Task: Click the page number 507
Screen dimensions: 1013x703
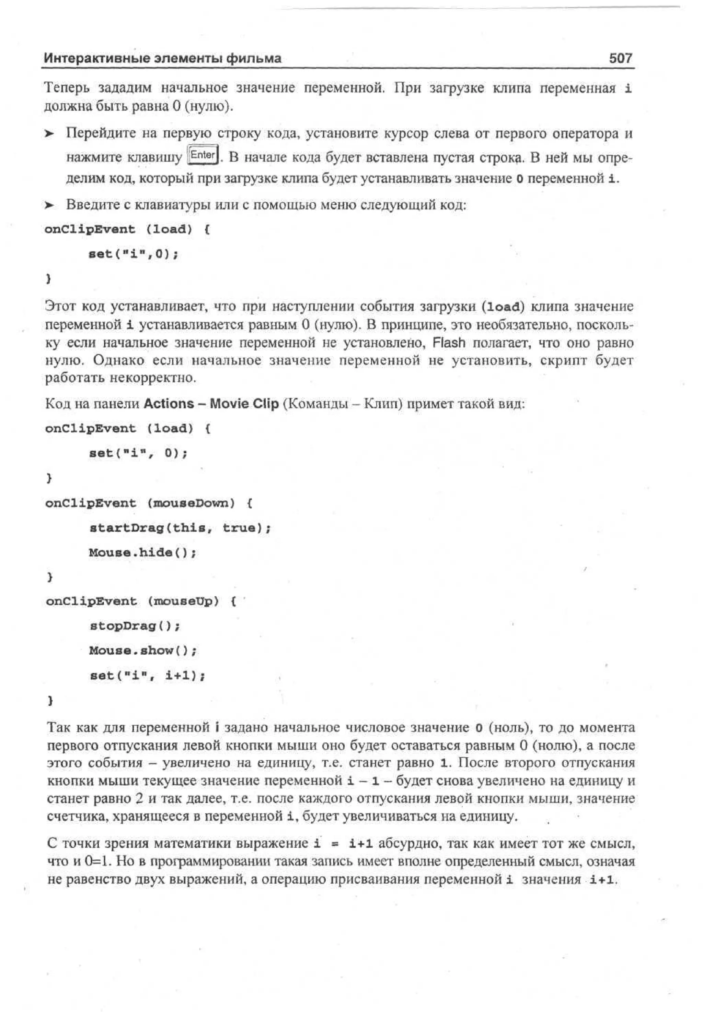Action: tap(620, 58)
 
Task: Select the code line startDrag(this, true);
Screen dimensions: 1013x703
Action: tap(180, 528)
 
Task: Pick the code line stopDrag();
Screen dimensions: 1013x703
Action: tap(134, 626)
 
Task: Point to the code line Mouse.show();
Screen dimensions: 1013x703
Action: tap(143, 651)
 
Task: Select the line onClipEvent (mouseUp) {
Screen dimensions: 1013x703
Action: tap(140, 601)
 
